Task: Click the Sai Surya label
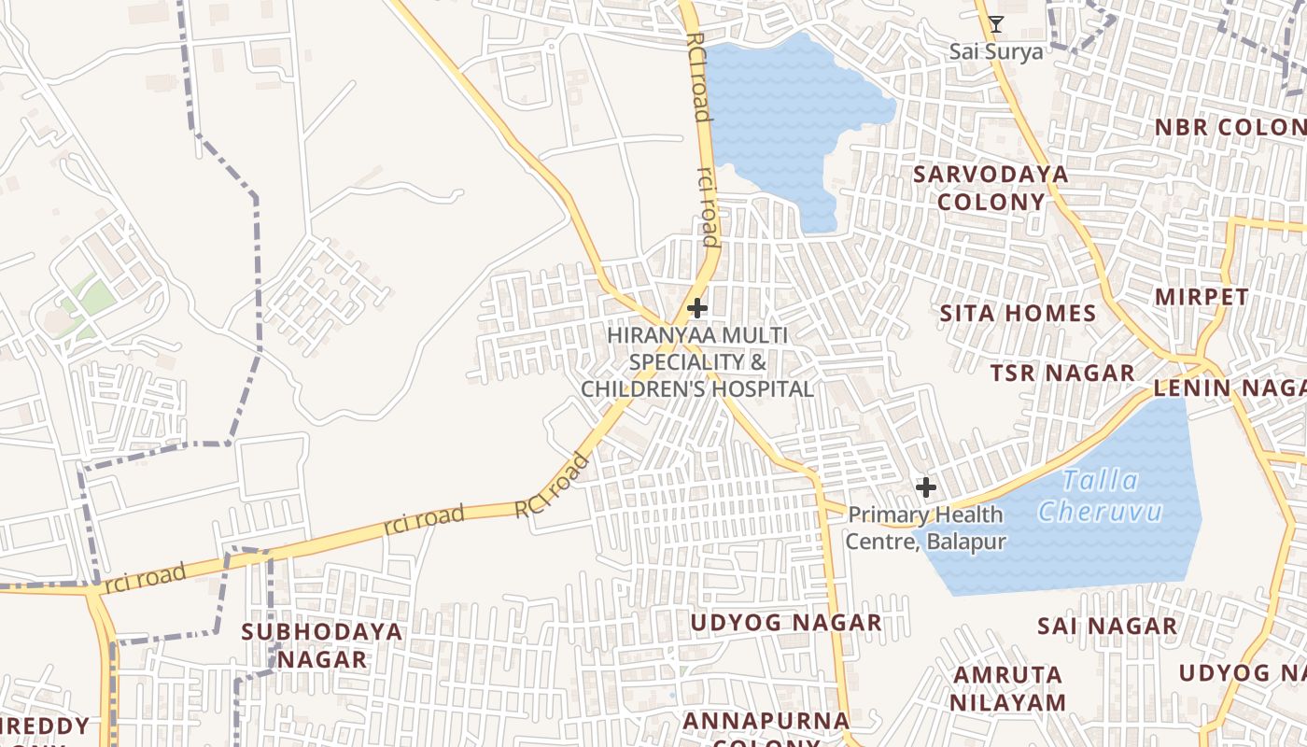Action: pos(996,51)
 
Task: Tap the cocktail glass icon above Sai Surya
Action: pos(996,24)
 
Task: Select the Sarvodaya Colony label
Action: pos(991,188)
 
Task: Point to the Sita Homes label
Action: pos(1018,314)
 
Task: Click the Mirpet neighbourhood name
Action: pos(1202,297)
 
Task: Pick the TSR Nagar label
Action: pos(1062,373)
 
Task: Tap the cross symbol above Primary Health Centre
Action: pos(925,487)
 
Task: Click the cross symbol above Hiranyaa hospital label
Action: pos(696,308)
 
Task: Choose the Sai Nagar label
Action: pos(1106,626)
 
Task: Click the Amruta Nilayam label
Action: pos(1008,688)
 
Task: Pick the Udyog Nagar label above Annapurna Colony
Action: pos(785,623)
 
